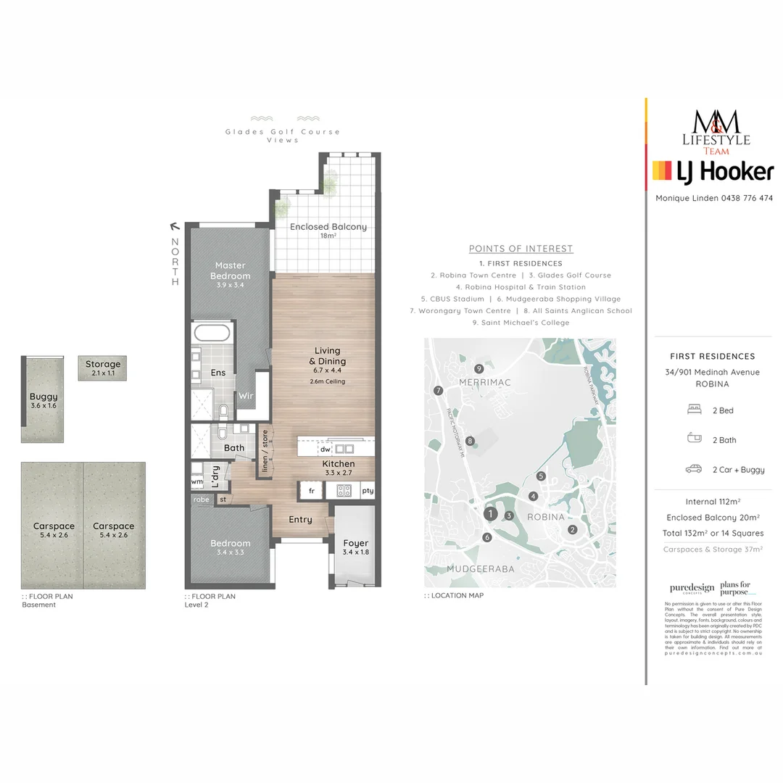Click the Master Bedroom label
pyautogui.click(x=231, y=270)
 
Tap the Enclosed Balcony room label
pyautogui.click(x=328, y=227)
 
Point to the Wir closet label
pyautogui.click(x=246, y=396)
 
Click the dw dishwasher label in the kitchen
pyautogui.click(x=326, y=449)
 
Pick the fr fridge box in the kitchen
pyautogui.click(x=312, y=491)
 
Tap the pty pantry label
pyautogui.click(x=368, y=491)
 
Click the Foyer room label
pyautogui.click(x=355, y=543)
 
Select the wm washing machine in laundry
pyautogui.click(x=197, y=481)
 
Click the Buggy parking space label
pyautogui.click(x=43, y=397)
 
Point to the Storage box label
pyautogui.click(x=103, y=365)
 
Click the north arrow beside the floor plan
pyautogui.click(x=174, y=225)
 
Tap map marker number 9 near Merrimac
pyautogui.click(x=478, y=368)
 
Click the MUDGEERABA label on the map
pyautogui.click(x=480, y=569)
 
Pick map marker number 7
pyautogui.click(x=438, y=391)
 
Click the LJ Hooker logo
pyautogui.click(x=713, y=171)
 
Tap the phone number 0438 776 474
pyautogui.click(x=746, y=198)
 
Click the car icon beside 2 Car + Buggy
pyautogui.click(x=693, y=469)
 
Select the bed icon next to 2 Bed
pyautogui.click(x=693, y=410)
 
